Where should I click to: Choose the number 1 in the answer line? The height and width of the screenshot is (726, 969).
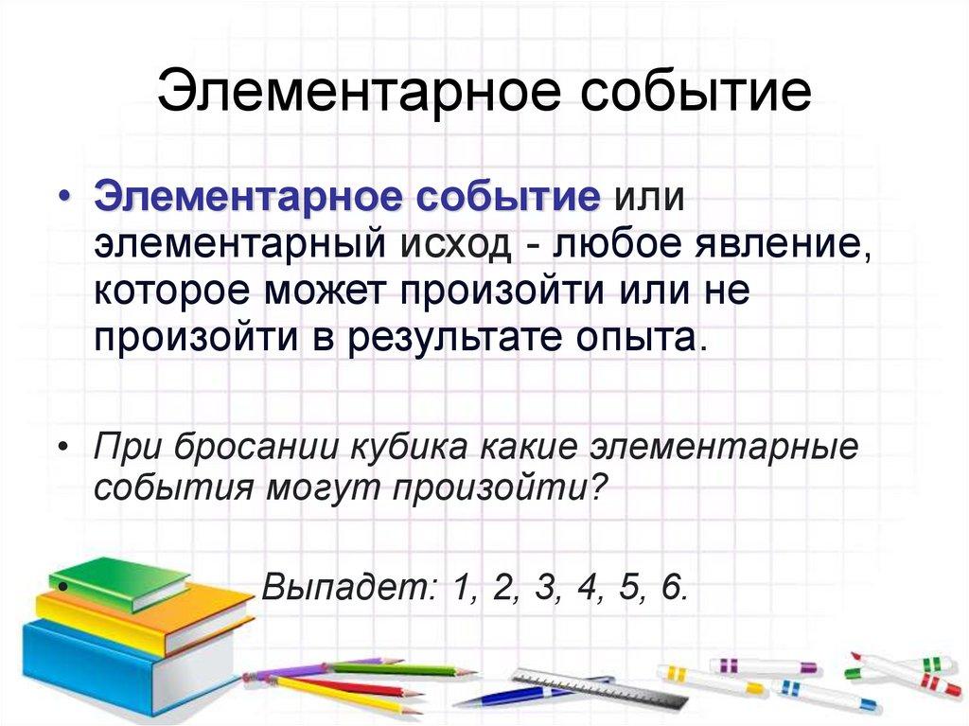pyautogui.click(x=461, y=588)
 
